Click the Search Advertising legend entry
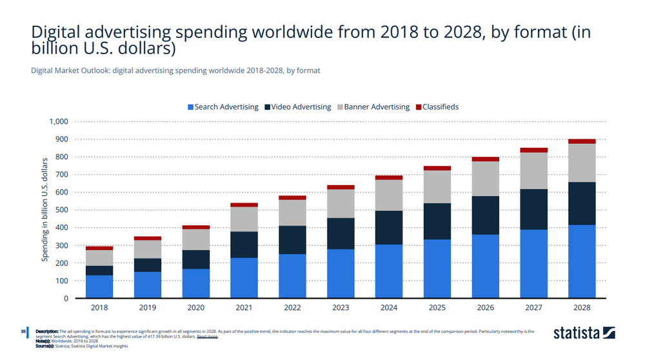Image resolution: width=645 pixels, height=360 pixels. pyautogui.click(x=223, y=107)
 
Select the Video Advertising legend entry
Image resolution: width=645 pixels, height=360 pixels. pyautogui.click(x=297, y=107)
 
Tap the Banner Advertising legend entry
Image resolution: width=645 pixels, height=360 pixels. pyautogui.click(x=373, y=107)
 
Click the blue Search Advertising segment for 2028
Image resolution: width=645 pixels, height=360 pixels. pyautogui.click(x=582, y=261)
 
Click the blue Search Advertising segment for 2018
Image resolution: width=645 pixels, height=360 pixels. pyautogui.click(x=99, y=287)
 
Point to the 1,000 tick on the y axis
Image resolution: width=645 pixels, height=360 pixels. pyautogui.click(x=59, y=121)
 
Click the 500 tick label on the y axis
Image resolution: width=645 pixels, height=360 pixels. pyautogui.click(x=61, y=210)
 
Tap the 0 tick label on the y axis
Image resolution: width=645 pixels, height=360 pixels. pyautogui.click(x=66, y=299)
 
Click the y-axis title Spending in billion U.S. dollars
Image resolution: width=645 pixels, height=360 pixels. pyautogui.click(x=46, y=210)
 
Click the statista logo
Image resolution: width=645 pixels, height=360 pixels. pyautogui.click(x=584, y=334)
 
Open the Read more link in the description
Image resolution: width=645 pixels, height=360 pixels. pyautogui.click(x=207, y=337)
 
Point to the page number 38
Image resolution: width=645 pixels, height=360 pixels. pyautogui.click(x=23, y=332)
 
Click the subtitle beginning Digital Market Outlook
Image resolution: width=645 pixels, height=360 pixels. pyautogui.click(x=175, y=70)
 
